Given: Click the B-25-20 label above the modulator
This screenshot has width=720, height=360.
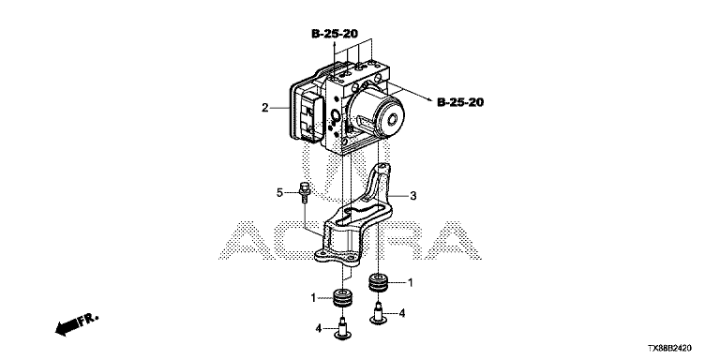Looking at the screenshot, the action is tap(335, 34).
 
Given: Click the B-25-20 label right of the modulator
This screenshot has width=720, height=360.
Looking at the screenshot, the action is tap(460, 102).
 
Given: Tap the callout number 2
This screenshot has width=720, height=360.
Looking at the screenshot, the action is tap(265, 109).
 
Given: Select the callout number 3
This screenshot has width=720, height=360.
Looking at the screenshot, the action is tap(413, 196).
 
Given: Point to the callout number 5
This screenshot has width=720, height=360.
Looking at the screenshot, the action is tap(279, 193).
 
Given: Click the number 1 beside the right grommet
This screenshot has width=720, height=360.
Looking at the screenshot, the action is tap(411, 283).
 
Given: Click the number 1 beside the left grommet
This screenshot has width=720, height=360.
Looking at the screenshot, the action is tap(314, 298).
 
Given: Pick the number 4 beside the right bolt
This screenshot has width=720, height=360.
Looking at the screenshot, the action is tap(402, 314).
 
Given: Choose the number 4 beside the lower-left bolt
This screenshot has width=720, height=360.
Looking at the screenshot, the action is tap(318, 329).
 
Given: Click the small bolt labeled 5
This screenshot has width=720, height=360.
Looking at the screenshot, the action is tap(304, 193).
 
